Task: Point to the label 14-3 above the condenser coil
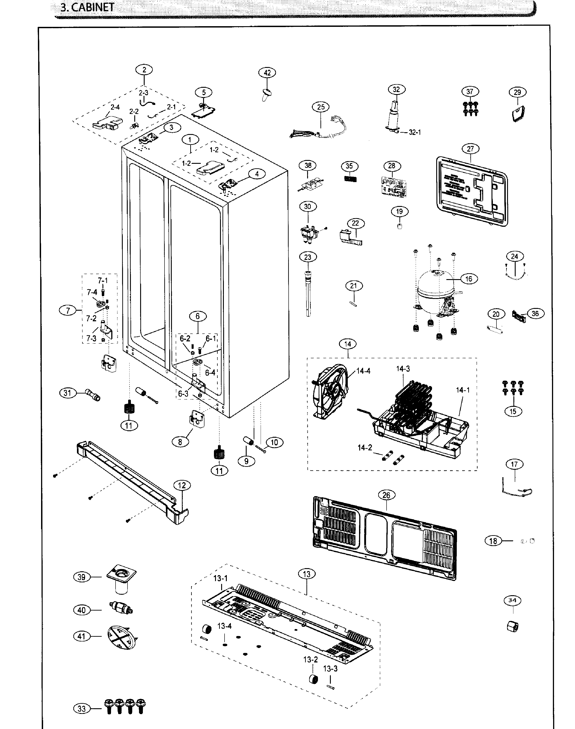pyautogui.click(x=403, y=368)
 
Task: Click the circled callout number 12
pyautogui.click(x=182, y=485)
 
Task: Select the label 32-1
pyautogui.click(x=415, y=132)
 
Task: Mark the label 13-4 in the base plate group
pyautogui.click(x=224, y=626)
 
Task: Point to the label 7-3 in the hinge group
pyautogui.click(x=91, y=338)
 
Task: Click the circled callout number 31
pyautogui.click(x=68, y=393)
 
